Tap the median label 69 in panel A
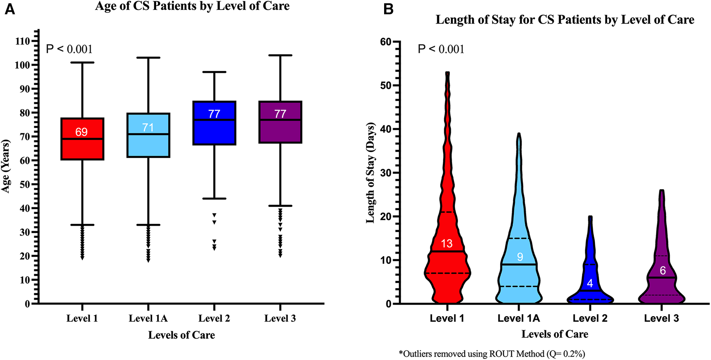pyautogui.click(x=82, y=132)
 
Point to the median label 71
pyautogui.click(x=148, y=128)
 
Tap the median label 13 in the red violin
pyautogui.click(x=447, y=244)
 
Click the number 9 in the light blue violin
pyautogui.click(x=520, y=257)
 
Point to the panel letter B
pyautogui.click(x=388, y=9)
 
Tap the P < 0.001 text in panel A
pyautogui.click(x=69, y=49)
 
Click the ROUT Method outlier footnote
pyautogui.click(x=492, y=354)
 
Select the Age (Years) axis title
pyautogui.click(x=6, y=166)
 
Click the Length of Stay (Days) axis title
pyautogui.click(x=370, y=173)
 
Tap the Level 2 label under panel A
pyautogui.click(x=214, y=318)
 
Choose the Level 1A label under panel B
pyautogui.click(x=519, y=318)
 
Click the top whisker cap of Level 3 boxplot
pyautogui.click(x=280, y=55)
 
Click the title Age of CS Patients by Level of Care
pyautogui.click(x=192, y=6)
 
